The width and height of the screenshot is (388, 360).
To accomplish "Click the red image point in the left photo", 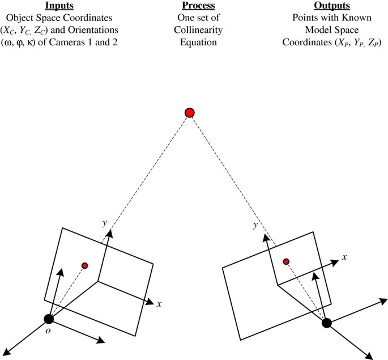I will pyautogui.click(x=85, y=265).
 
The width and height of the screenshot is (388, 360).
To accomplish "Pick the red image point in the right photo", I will pyautogui.click(x=286, y=261).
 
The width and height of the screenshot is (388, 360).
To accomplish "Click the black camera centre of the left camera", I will pyautogui.click(x=49, y=319).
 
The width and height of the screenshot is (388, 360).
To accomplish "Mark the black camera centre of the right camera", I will pyautogui.click(x=326, y=323).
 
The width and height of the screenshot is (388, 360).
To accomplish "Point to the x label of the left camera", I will pyautogui.click(x=160, y=304).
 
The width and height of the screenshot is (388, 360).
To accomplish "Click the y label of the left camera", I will pyautogui.click(x=104, y=223).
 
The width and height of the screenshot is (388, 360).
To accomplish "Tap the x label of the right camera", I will pyautogui.click(x=344, y=257).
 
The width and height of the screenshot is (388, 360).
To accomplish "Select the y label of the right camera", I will pyautogui.click(x=257, y=226).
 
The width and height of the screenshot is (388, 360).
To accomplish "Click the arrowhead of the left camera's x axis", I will pyautogui.click(x=150, y=301).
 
